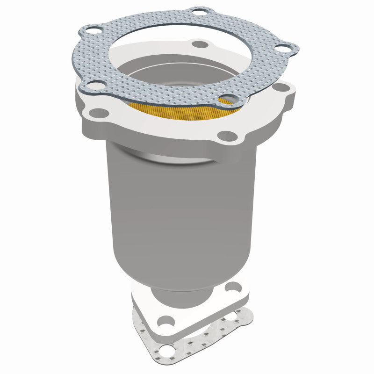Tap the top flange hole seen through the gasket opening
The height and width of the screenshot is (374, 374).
pyautogui.click(x=200, y=44)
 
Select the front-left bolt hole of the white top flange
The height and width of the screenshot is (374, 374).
pyautogui.click(x=100, y=112)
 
